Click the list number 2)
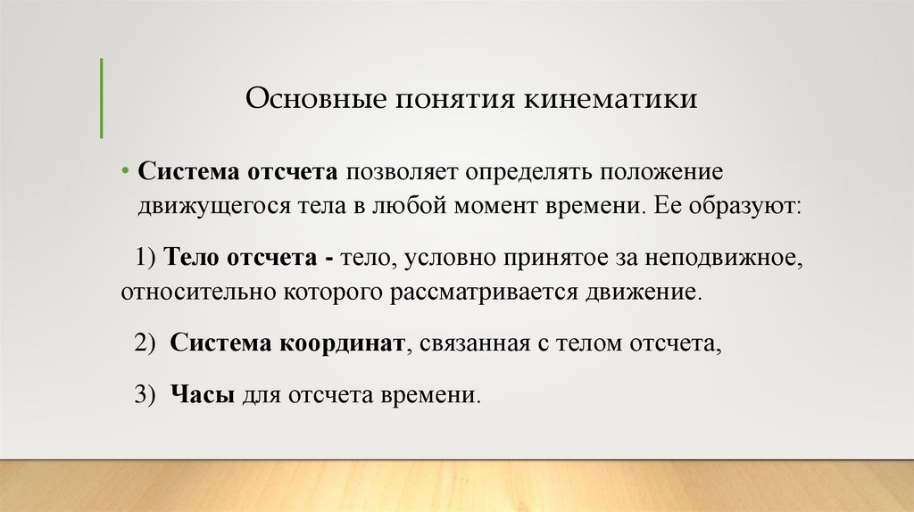(x=146, y=344)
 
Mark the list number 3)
(x=146, y=395)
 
